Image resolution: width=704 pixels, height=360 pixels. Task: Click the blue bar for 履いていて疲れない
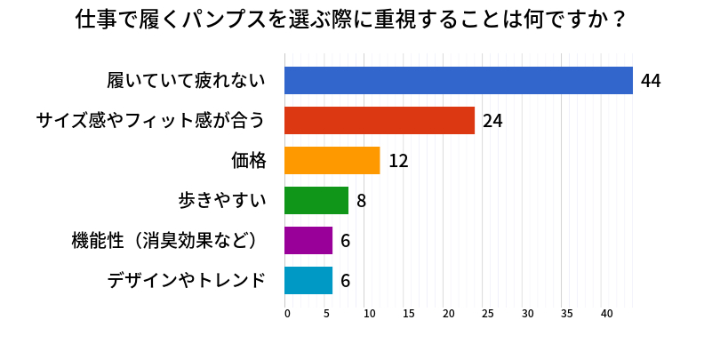click(458, 80)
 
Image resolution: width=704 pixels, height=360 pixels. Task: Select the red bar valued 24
click(380, 120)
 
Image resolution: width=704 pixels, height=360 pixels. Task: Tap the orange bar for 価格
click(332, 160)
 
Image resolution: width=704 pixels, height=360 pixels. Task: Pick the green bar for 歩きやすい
click(316, 200)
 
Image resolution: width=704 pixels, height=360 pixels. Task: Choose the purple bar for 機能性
click(308, 240)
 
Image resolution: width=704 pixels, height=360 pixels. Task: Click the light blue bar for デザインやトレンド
click(308, 280)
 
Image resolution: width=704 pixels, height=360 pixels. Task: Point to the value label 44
click(651, 81)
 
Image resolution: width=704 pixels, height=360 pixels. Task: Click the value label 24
click(493, 121)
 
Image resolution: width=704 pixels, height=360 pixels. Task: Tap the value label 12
click(398, 161)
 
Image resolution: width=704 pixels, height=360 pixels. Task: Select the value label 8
click(362, 201)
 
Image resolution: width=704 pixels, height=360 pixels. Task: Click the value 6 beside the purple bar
click(346, 241)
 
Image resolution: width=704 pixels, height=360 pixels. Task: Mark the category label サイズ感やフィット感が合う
click(150, 120)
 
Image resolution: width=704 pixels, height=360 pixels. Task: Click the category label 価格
click(248, 160)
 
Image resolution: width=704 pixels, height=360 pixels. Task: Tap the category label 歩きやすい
click(222, 200)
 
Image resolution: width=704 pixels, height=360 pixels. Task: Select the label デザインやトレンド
click(186, 280)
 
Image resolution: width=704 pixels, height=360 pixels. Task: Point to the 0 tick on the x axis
click(287, 314)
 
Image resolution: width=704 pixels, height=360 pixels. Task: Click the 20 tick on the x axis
click(447, 314)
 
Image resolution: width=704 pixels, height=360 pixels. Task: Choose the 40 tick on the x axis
click(607, 314)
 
